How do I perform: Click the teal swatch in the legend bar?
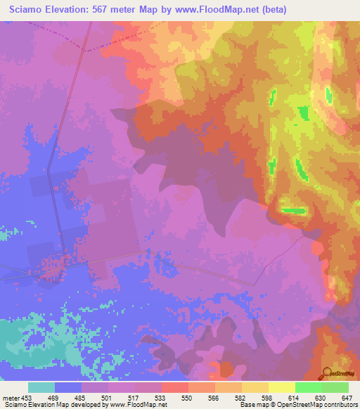tap(41, 387)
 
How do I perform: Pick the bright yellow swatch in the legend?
tap(281, 387)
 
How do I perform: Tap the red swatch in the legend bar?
tap(174, 387)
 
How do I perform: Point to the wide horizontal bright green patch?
tap(294, 210)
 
